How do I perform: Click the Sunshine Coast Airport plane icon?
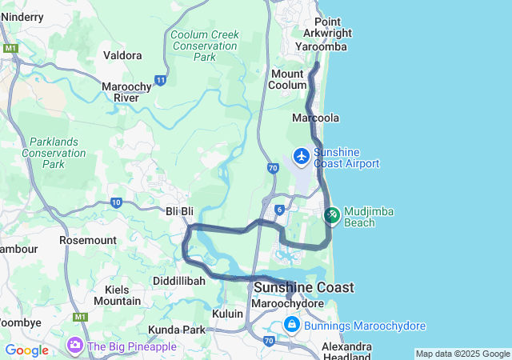point(302,155)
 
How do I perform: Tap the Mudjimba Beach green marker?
point(332,215)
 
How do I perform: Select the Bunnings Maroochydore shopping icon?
point(292,325)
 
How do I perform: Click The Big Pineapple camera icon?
point(75,346)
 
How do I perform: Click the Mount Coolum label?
point(288,79)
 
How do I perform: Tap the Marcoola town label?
point(316,118)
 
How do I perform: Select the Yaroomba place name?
point(321,47)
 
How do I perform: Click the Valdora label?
point(123,56)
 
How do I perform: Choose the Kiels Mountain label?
point(117,294)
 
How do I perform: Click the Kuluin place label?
point(227,314)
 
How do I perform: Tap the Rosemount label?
point(88,240)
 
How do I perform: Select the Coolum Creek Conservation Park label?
point(204,46)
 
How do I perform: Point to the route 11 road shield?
point(161,80)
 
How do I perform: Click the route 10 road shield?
point(117,203)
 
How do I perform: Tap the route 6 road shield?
point(279,209)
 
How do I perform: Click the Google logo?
point(27,350)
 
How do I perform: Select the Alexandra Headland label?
point(346,352)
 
